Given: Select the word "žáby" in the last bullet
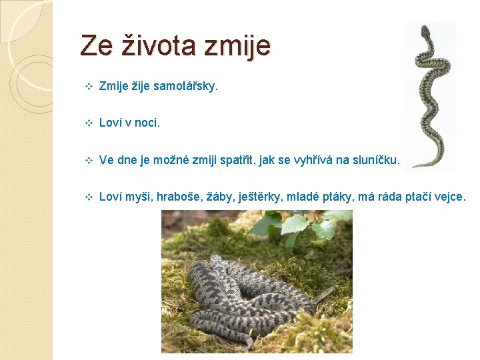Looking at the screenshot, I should [x=218, y=197].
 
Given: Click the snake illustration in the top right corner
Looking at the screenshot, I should [x=429, y=93].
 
